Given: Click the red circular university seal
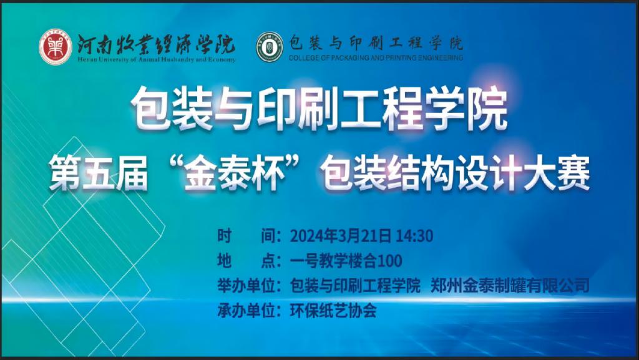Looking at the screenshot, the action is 56,47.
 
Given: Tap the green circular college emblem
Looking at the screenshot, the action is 270,47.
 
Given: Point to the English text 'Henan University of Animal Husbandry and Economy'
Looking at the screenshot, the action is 157,60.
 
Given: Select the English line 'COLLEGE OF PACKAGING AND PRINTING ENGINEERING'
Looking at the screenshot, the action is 376,58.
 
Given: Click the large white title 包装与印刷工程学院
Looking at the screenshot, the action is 319,109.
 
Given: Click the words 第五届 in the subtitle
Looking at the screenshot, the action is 98,175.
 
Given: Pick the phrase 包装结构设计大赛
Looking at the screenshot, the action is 455,175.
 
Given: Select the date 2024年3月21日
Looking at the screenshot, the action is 341,236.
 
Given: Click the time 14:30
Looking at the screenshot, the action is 415,236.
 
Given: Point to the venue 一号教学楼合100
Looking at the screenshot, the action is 346,261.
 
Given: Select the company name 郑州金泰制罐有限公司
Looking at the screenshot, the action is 510,286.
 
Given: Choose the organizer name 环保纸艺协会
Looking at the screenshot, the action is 333,310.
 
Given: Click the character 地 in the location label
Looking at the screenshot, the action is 225,261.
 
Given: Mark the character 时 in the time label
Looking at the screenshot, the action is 225,236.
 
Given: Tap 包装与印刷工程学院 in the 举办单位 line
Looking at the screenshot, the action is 355,286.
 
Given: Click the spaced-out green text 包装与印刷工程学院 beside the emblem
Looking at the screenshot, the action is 376,43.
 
